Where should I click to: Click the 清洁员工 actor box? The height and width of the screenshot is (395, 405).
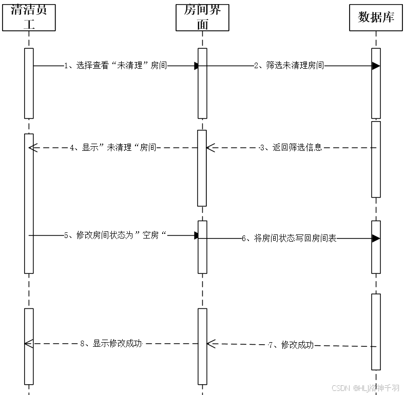coord(29,16)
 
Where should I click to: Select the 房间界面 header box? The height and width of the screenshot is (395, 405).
coord(202,16)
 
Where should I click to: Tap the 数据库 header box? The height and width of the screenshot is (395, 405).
coord(376,17)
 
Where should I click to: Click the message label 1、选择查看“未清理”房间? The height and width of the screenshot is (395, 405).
coord(115,66)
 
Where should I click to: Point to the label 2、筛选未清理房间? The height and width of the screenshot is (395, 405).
coord(289,66)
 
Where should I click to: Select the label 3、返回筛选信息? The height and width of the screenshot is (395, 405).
coord(291,148)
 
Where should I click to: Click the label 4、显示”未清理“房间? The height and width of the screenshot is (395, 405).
coord(113,148)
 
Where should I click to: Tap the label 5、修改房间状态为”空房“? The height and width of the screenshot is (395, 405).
coord(116,235)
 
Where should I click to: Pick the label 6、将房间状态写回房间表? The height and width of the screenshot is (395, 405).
coord(289,239)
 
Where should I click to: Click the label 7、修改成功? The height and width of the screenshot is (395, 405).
coord(291,345)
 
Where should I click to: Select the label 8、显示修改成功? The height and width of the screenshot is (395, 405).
coord(111,344)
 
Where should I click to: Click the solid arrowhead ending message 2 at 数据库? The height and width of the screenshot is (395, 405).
coord(376,66)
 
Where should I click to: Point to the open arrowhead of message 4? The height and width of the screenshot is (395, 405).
coord(32,148)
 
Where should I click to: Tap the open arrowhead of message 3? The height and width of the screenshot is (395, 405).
coord(210,148)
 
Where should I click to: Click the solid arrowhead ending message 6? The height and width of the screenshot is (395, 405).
coord(376,239)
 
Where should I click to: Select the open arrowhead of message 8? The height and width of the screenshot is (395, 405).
coord(29,343)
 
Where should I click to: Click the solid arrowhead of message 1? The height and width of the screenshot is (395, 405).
coord(197,66)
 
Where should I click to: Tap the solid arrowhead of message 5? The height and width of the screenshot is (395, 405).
coord(197,235)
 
